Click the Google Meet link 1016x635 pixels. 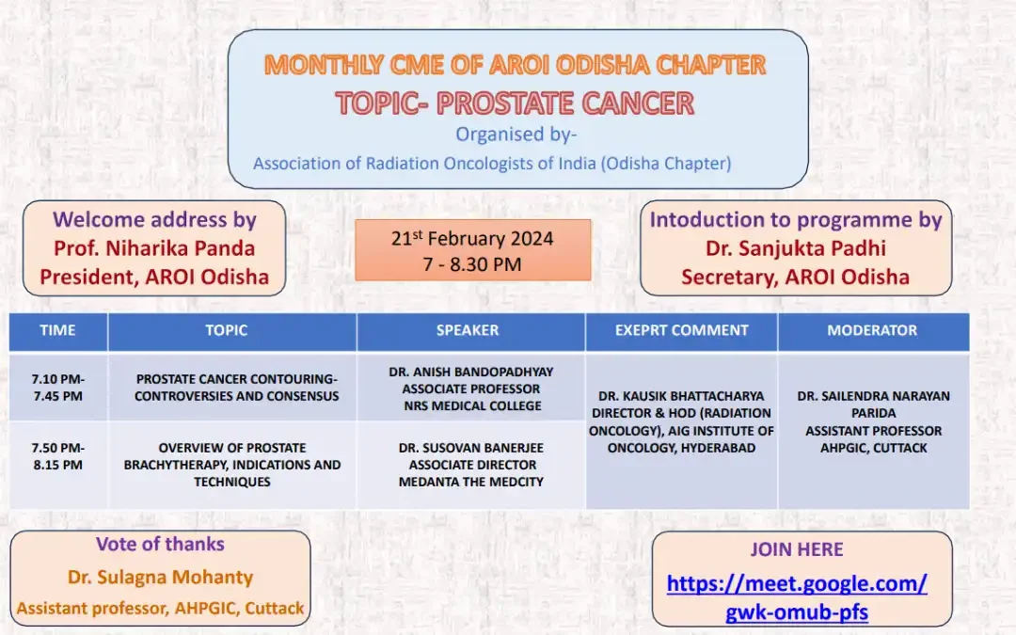(797, 597)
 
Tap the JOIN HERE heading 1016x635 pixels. (797, 549)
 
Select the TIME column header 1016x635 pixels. (57, 330)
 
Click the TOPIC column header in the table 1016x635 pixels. (227, 330)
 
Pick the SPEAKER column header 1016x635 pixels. (468, 330)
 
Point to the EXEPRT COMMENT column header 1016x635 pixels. (681, 330)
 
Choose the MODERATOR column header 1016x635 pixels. (872, 330)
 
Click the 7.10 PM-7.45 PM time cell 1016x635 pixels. (57, 388)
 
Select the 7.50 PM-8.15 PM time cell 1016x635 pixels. (57, 456)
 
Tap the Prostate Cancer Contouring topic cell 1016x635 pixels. (236, 388)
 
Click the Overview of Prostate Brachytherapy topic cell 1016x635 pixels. (232, 465)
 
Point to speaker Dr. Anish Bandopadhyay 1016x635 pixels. (471, 373)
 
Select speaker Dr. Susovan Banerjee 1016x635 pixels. (471, 448)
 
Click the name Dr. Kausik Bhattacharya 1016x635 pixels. (681, 396)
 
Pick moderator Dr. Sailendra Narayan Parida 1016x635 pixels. (873, 405)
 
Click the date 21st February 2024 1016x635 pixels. (472, 239)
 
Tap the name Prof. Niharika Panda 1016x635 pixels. (154, 248)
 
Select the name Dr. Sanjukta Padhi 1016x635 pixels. (796, 248)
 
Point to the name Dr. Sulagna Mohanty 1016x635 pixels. (160, 577)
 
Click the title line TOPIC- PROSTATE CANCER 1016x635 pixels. (515, 103)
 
